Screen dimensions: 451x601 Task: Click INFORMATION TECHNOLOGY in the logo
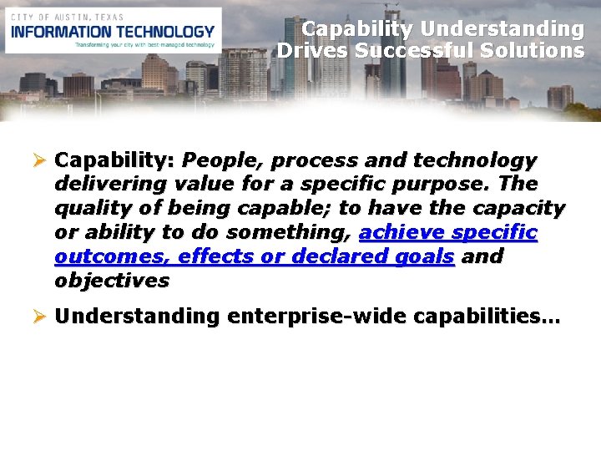[114, 31]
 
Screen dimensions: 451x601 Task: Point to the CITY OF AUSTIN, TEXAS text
[66, 16]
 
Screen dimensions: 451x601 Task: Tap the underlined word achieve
[396, 232]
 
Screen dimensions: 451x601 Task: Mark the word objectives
[111, 281]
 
